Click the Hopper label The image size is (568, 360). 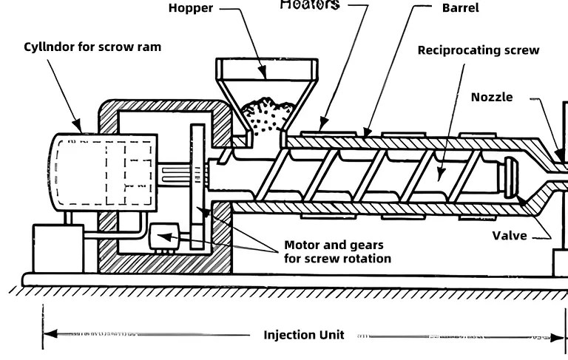190,8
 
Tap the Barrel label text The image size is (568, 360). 460,8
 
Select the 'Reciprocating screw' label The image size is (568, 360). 478,50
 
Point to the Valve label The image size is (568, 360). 510,236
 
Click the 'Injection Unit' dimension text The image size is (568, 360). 304,335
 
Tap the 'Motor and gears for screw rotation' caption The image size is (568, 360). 337,251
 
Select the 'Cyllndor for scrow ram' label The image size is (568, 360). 92,47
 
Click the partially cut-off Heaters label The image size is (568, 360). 310,5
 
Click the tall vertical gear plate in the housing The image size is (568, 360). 197,185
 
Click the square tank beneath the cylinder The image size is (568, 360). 58,248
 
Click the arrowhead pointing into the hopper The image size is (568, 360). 262,72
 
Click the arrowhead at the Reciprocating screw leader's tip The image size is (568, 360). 441,174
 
